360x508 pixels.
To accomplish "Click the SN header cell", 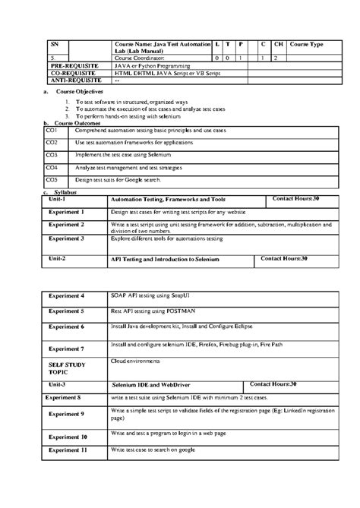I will (x=54, y=45).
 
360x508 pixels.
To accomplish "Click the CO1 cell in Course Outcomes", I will (x=52, y=131).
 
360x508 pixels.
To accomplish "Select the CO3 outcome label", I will (x=52, y=155).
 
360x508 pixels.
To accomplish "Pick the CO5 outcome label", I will (x=52, y=180).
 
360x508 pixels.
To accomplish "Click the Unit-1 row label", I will (x=58, y=199).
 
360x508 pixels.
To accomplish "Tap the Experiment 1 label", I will (x=66, y=213).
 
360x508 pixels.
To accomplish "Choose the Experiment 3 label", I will (x=66, y=238).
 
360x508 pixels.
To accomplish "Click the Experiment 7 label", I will (x=66, y=348).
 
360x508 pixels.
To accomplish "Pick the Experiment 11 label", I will (x=67, y=450).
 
